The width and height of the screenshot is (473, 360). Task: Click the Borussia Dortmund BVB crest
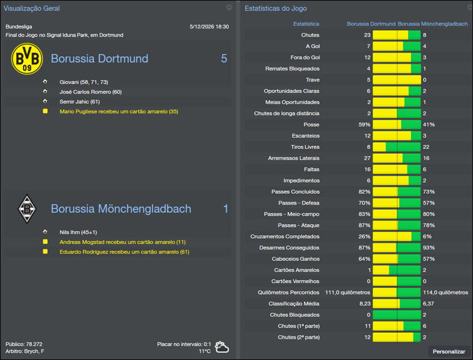click(x=27, y=59)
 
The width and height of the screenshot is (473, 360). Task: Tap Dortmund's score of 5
click(x=224, y=59)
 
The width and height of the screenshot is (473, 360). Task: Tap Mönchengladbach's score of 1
click(x=225, y=209)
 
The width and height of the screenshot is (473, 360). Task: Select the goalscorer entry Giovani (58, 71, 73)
click(x=84, y=82)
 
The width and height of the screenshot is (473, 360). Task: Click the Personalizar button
click(x=449, y=352)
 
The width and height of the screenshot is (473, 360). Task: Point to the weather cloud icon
click(x=222, y=346)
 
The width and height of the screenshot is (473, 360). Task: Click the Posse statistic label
click(x=310, y=125)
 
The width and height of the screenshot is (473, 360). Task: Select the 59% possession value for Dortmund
click(x=364, y=125)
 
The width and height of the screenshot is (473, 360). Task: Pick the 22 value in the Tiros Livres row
click(x=426, y=147)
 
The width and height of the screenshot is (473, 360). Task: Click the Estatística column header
click(x=306, y=24)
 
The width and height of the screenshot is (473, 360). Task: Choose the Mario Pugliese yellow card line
click(x=119, y=112)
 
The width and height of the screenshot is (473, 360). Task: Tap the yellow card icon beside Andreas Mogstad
click(x=45, y=242)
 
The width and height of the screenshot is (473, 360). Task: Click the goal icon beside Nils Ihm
click(x=45, y=232)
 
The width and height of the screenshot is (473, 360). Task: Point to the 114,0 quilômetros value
click(x=445, y=293)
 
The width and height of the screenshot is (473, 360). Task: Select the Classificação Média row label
click(x=294, y=304)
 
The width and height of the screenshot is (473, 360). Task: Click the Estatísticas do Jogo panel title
click(x=275, y=8)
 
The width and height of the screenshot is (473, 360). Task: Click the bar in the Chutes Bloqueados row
click(x=396, y=315)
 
